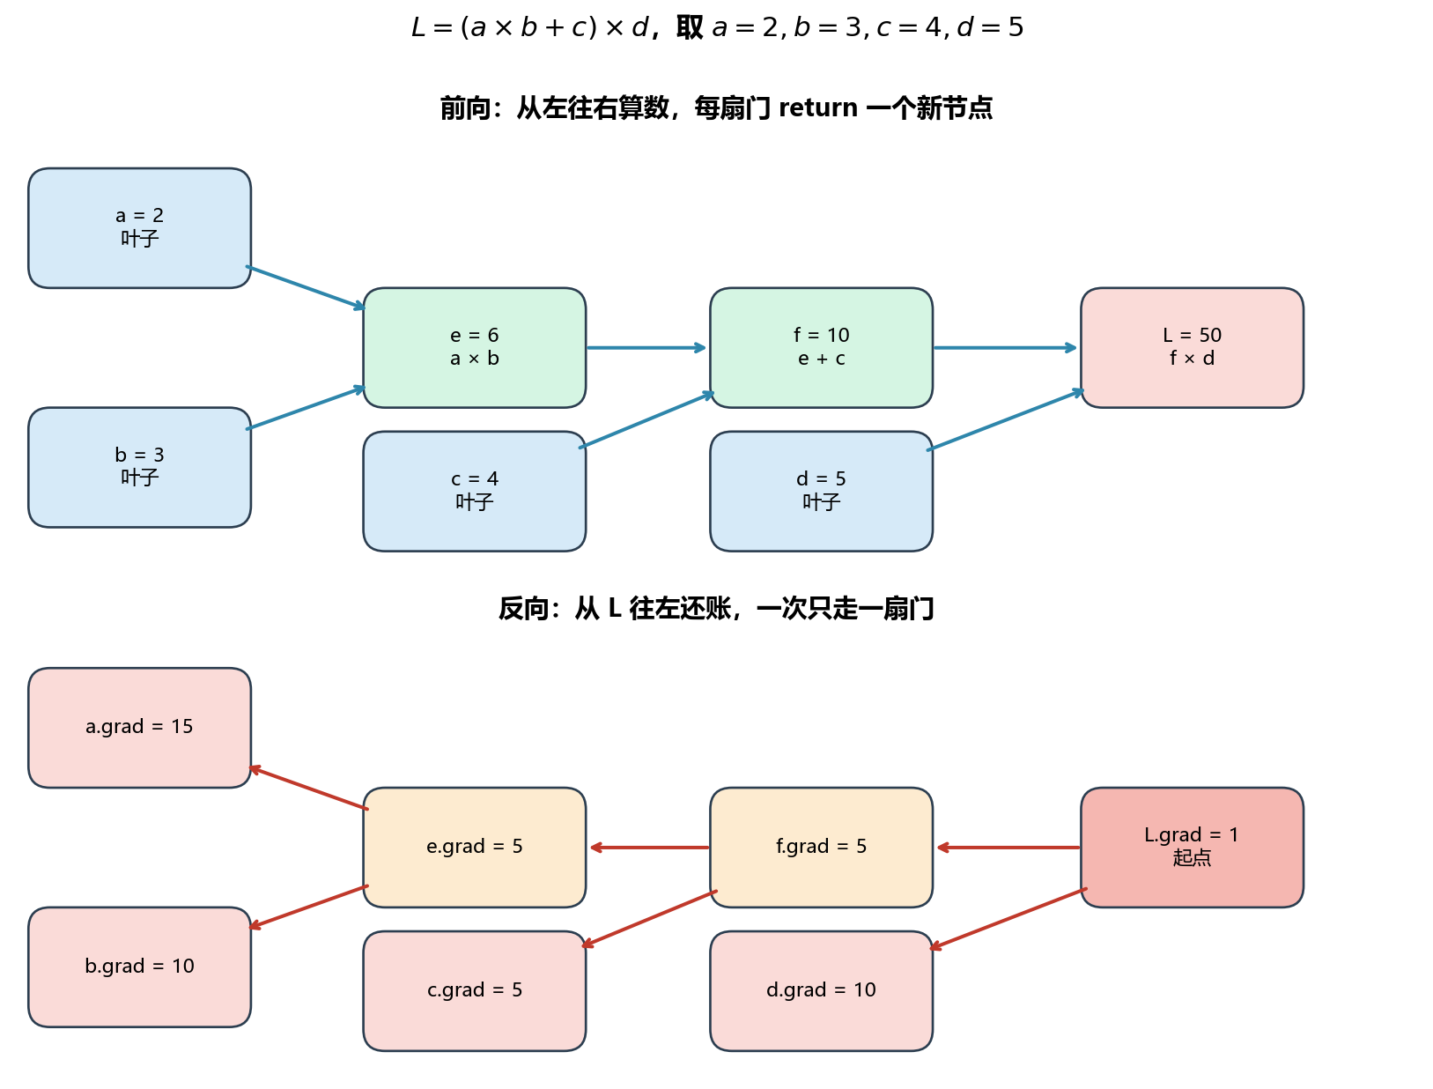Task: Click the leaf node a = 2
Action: click(x=139, y=227)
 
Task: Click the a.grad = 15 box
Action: click(x=139, y=726)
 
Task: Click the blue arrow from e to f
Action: click(x=646, y=347)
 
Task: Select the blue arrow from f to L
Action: click(x=1004, y=347)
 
